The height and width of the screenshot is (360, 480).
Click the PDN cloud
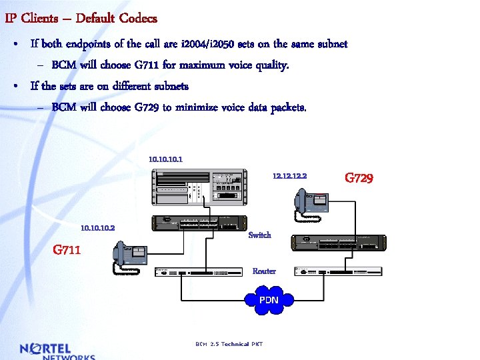268,300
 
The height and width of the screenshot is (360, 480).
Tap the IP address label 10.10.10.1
165,159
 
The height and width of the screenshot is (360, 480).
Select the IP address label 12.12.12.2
289,177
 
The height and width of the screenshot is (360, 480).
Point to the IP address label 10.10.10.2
97,228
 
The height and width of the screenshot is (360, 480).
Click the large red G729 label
359,178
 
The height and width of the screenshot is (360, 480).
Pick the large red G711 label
67,250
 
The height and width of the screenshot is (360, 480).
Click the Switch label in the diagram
259,235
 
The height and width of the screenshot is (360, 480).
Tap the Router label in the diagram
264,271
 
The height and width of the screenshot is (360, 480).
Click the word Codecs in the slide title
138,18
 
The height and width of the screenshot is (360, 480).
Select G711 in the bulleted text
147,65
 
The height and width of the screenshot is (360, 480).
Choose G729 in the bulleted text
147,107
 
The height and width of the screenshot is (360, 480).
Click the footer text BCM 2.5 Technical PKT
229,344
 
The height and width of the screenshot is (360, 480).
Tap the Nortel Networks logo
57,351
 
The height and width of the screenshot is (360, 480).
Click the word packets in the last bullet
289,107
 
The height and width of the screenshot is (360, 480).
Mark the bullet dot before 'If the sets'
15,87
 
